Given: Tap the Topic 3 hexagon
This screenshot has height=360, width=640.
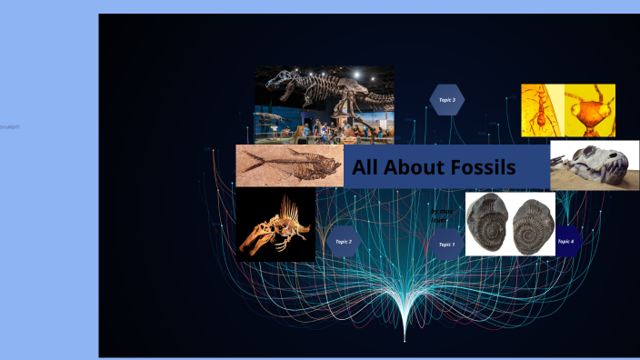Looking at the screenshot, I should tap(446, 100).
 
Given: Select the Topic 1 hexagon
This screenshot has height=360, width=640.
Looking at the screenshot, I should tap(446, 244).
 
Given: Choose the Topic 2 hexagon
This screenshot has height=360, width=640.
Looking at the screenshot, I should tap(343, 241).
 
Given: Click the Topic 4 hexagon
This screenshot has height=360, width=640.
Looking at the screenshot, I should tap(565, 241).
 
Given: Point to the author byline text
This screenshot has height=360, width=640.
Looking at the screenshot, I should tap(440, 215).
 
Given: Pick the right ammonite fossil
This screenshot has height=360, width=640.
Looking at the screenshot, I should tap(532, 225).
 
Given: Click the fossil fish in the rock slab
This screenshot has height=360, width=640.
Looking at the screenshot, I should tap(291, 165).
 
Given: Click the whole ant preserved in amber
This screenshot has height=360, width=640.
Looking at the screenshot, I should tap(543, 110).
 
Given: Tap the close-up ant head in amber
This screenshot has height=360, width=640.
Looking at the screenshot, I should tap(590, 110).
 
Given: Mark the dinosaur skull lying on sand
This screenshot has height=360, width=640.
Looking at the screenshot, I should tap(595, 165).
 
